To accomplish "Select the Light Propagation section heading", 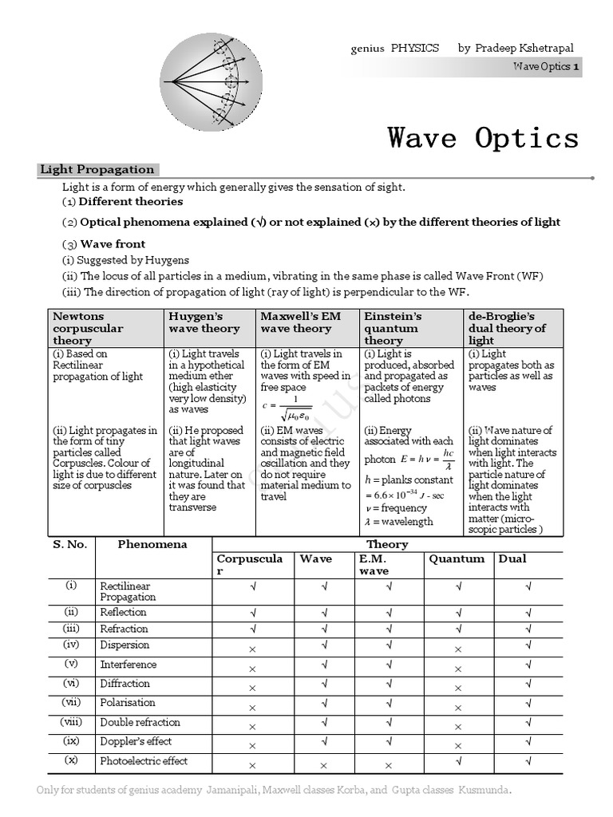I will click(97, 169).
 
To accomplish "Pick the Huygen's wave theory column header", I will click(204, 322).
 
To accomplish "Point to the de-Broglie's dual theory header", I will click(507, 328).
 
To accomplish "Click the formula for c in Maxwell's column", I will click(288, 406).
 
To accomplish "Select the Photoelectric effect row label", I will click(144, 761).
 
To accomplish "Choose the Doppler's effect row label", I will click(136, 741).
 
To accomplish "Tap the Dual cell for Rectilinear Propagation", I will click(528, 587).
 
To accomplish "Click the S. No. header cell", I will click(69, 544).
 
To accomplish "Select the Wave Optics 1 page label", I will click(546, 67).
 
